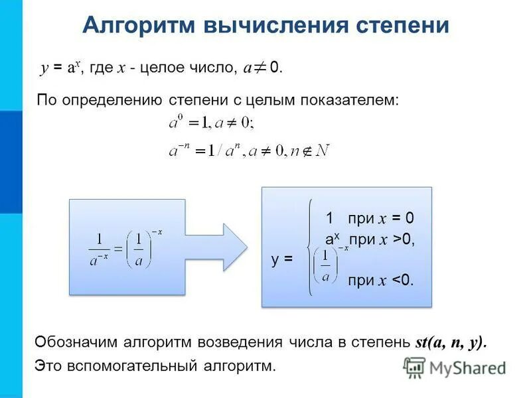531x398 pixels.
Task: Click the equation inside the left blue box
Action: click(126, 249)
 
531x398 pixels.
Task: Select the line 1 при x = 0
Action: click(369, 219)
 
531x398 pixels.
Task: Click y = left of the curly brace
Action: click(282, 259)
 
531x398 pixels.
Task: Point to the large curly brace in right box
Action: click(310, 247)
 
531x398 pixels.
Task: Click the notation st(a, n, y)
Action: click(451, 342)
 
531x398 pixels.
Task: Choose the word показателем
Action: click(351, 99)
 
